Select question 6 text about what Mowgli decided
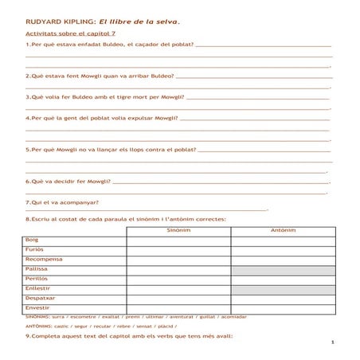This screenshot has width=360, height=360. [x=68, y=181]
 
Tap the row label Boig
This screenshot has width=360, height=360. [x=33, y=240]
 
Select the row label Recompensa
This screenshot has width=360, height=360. [x=44, y=259]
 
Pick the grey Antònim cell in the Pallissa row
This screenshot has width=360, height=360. [x=283, y=269]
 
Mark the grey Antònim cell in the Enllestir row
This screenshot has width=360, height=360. [x=283, y=288]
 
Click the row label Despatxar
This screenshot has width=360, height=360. [x=41, y=298]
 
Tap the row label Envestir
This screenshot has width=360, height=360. [x=37, y=307]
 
